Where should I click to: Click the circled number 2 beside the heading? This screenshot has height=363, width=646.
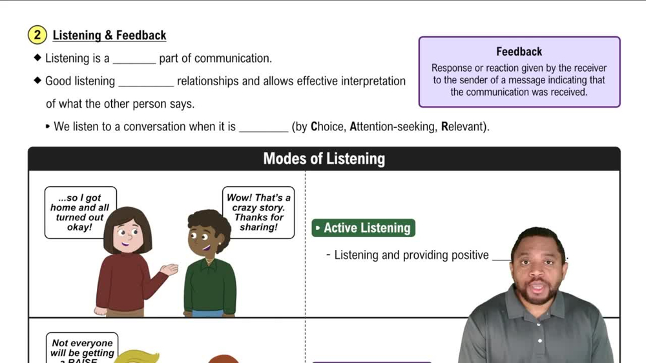37,35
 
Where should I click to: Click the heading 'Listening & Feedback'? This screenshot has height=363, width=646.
109,36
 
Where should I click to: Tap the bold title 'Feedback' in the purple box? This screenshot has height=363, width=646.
519,52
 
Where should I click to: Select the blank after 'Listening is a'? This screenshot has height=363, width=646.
134,59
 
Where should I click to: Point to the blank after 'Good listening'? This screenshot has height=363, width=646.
147,82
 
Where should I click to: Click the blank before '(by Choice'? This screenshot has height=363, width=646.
264,127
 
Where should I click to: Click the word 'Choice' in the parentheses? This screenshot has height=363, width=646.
328,127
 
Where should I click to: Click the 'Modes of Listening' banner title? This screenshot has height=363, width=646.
324,159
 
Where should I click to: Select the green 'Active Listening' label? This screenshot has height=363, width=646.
364,228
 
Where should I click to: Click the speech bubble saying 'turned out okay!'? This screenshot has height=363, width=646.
80,213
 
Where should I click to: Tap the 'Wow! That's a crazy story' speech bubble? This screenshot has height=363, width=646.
258,213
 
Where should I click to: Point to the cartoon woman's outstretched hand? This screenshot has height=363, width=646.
169,269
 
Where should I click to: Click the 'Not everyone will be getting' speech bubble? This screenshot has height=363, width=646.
82,348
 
